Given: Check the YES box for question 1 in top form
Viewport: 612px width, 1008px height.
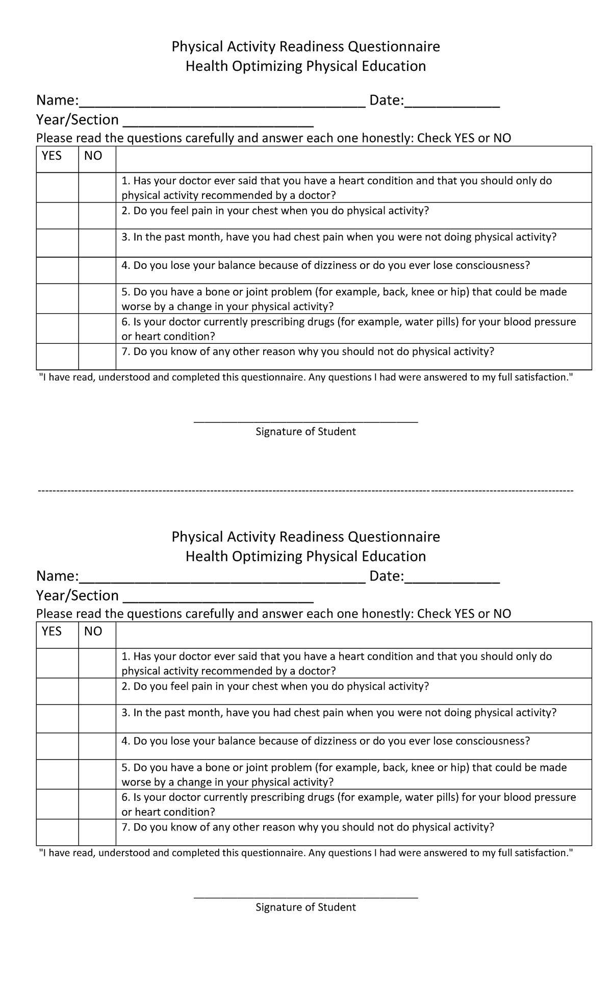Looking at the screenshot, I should tap(57, 188).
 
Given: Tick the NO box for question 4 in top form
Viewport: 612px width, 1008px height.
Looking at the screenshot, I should tap(97, 270).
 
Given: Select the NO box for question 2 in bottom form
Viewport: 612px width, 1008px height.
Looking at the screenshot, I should tap(97, 691).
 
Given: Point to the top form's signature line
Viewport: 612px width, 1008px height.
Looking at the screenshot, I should tap(306, 421).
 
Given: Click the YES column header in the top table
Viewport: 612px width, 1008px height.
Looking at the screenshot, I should tap(52, 156).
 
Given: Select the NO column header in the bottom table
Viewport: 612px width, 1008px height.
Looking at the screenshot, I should tap(93, 632).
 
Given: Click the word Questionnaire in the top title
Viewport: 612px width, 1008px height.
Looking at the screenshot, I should tap(394, 47).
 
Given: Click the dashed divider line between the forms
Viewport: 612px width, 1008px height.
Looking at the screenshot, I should tap(306, 491).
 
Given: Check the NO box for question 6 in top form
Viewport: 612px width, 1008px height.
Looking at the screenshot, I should tap(97, 329).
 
